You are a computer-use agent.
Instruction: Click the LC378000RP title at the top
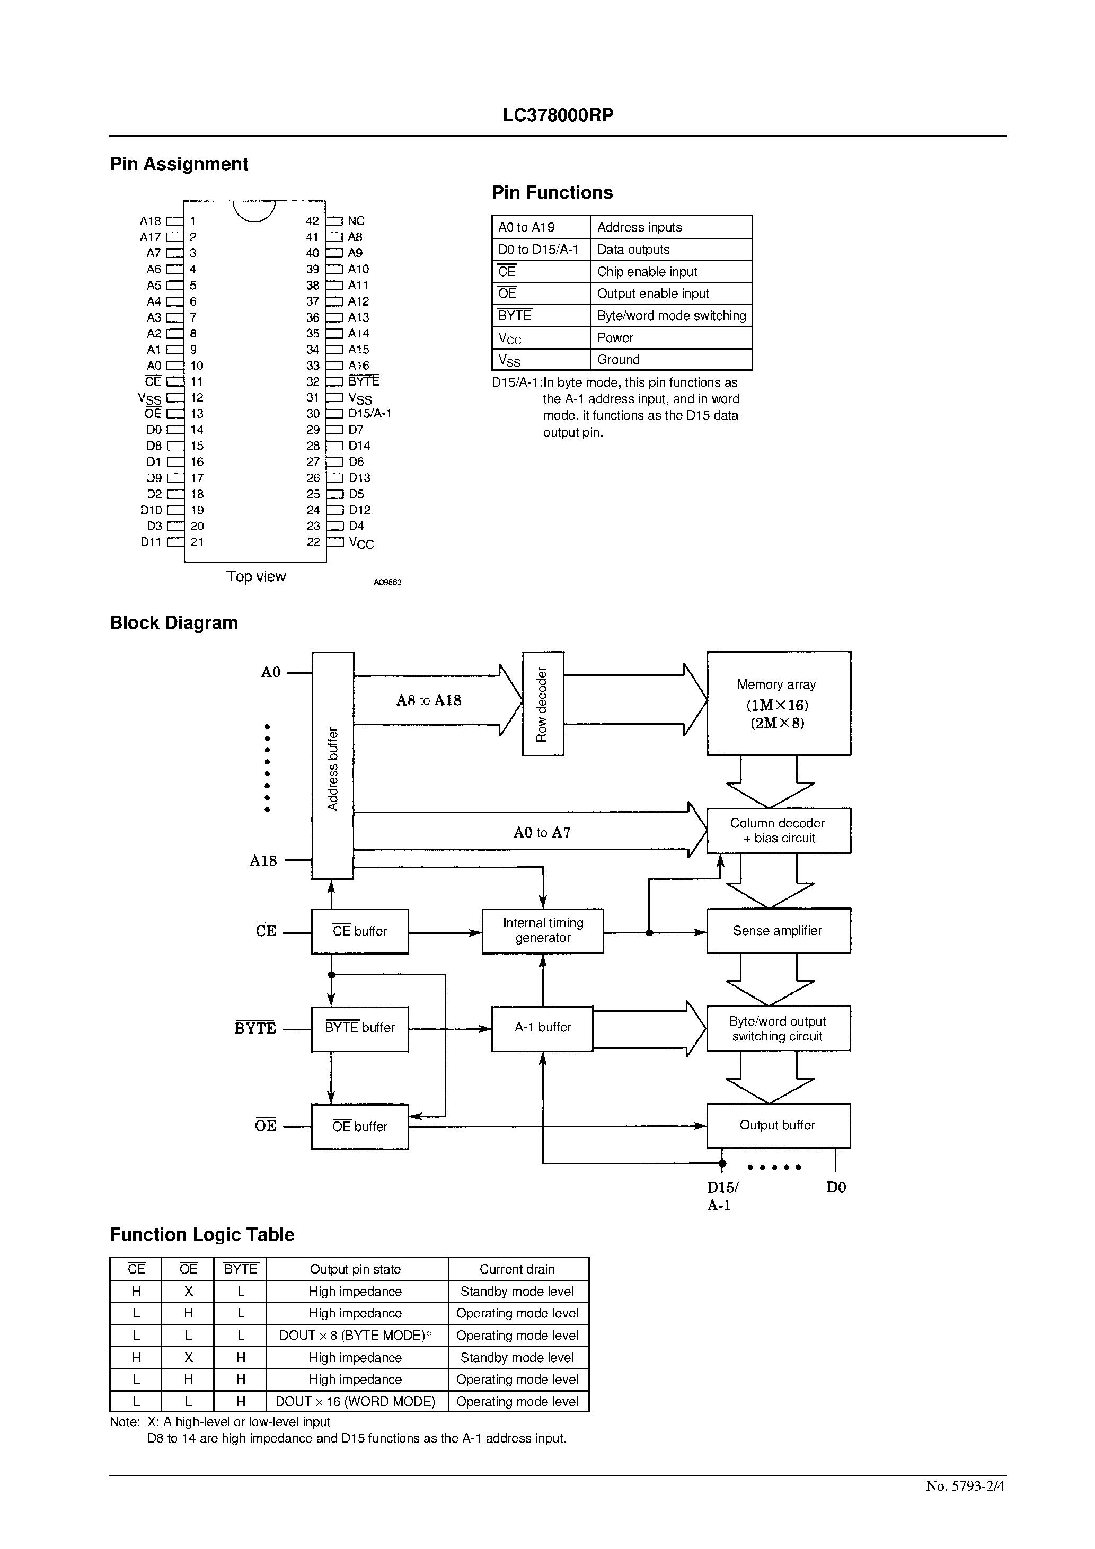(x=558, y=115)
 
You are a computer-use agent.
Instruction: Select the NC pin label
(x=356, y=220)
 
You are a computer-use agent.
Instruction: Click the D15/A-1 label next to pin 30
(x=369, y=414)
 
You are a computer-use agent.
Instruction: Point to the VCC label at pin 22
(x=361, y=543)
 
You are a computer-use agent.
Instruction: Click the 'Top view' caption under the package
(x=256, y=576)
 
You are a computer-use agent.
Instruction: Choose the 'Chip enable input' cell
(x=647, y=271)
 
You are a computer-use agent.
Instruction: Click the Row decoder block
(x=543, y=704)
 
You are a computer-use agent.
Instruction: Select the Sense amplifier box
(x=778, y=931)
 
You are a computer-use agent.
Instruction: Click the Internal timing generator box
(x=543, y=930)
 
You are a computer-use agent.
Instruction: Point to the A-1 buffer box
(x=542, y=1028)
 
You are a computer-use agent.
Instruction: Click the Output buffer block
(x=778, y=1125)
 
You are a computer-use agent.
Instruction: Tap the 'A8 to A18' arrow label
(x=429, y=700)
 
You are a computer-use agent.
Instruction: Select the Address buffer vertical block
(x=333, y=765)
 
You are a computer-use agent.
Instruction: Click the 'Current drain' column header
(x=517, y=1269)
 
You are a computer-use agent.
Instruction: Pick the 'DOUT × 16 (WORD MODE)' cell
(x=356, y=1401)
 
